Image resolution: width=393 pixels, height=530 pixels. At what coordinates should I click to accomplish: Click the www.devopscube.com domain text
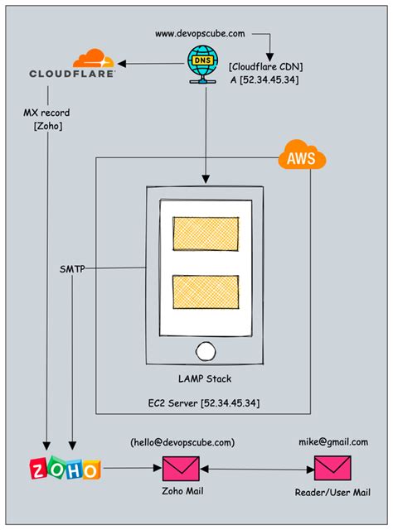coord(200,33)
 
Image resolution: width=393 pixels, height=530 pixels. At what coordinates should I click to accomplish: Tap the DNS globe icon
coord(200,63)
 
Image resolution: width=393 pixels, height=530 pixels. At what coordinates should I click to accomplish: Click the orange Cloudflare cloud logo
coord(92,58)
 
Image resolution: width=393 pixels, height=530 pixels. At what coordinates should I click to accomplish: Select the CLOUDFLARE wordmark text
coord(73,73)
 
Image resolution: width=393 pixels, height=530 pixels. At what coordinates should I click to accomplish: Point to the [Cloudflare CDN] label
coord(264,65)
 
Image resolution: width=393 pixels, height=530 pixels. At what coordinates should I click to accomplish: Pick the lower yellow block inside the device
coord(206,293)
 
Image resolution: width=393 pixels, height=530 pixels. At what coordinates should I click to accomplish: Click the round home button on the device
coord(206,349)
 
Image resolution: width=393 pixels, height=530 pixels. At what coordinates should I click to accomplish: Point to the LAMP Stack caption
coord(204,380)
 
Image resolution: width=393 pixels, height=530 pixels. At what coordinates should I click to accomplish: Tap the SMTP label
coord(73,269)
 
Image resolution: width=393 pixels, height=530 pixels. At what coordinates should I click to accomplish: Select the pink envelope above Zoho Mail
coord(181,470)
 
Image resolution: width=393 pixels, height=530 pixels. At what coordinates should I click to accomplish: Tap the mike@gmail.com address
coord(333,442)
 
